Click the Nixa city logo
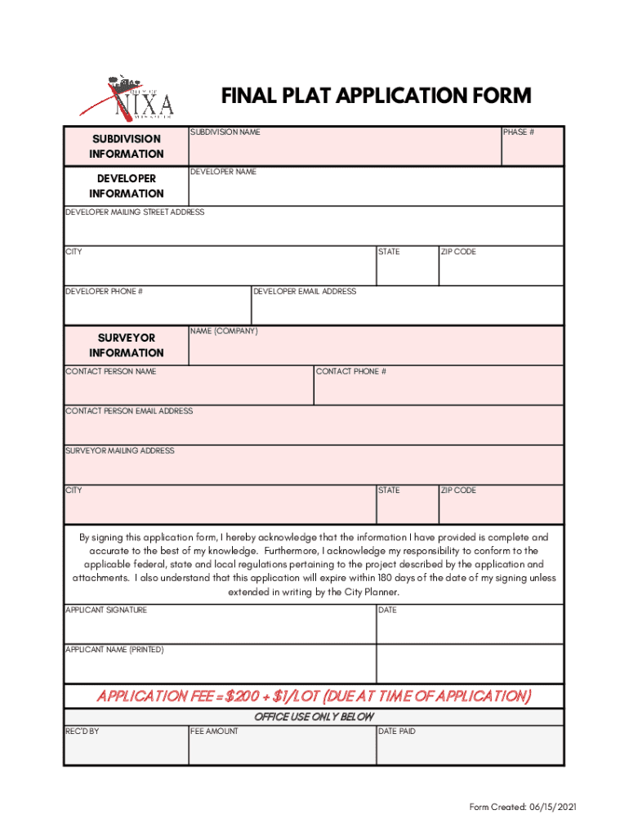pos(127,98)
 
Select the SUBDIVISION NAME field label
pos(225,132)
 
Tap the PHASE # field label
pos(519,132)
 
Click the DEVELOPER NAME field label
pos(223,172)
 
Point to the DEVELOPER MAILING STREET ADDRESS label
pos(135,212)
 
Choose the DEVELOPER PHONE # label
pos(105,291)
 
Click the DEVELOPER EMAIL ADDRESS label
pos(305,291)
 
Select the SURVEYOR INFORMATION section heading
pos(127,345)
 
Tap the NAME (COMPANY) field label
pos(224,331)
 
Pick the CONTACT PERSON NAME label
pos(111,371)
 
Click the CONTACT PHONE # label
pos(351,371)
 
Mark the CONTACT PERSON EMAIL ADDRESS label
pos(129,411)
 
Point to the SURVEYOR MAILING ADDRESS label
pos(120,450)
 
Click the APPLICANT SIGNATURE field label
pos(106,610)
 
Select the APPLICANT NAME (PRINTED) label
pos(114,650)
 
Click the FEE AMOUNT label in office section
pos(215,731)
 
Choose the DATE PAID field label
pos(397,731)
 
